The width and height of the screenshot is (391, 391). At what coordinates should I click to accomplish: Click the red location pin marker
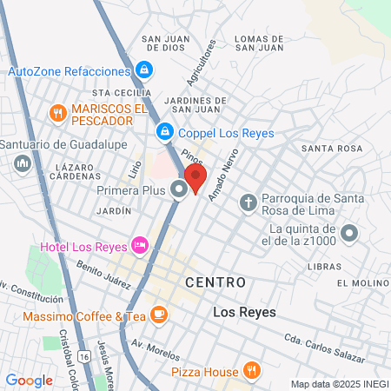195,179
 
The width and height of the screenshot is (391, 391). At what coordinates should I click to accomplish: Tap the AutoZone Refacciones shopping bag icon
145,70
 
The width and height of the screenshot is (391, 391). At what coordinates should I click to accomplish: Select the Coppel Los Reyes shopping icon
163,132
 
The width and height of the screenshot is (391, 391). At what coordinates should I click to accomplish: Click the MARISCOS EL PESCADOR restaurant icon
57,112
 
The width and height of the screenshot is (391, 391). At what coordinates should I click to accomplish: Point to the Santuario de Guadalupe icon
21,162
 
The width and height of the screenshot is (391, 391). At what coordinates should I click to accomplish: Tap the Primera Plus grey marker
180,189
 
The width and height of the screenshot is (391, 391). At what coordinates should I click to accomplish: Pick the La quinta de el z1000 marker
349,232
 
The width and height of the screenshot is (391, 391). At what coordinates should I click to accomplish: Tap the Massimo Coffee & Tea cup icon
158,315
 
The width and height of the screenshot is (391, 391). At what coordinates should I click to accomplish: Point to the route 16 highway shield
83,356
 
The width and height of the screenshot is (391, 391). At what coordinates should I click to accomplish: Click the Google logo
29,380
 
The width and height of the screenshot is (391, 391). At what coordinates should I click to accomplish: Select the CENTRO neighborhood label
215,282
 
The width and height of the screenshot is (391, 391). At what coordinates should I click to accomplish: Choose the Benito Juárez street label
103,275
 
